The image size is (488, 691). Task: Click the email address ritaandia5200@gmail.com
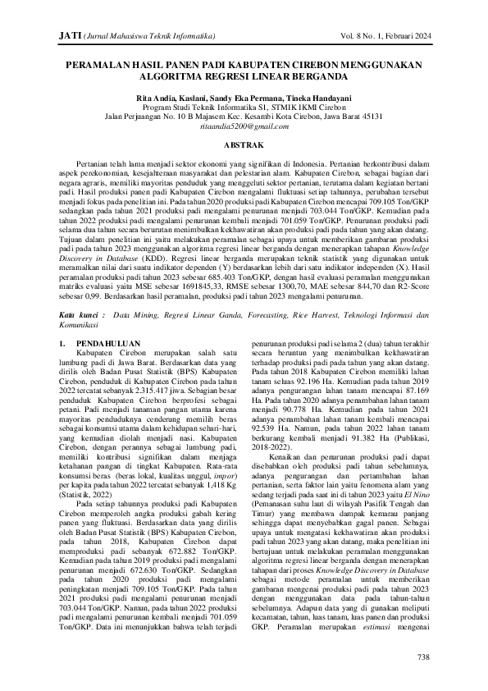click(244, 128)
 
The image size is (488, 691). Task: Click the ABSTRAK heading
click(244, 144)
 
